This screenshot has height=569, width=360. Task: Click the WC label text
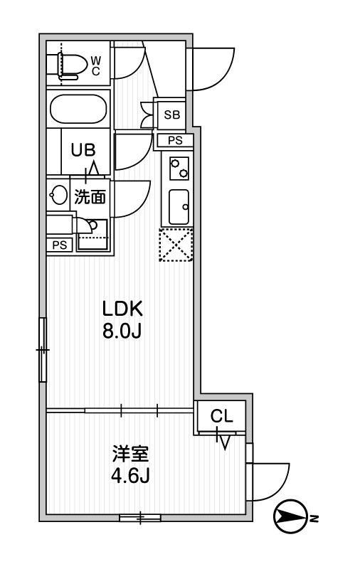95,65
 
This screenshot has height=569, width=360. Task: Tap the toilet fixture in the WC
73,65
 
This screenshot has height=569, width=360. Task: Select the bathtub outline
78,110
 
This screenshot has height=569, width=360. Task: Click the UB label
83,150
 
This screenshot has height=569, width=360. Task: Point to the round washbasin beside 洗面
58,195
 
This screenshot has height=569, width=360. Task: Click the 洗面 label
90,197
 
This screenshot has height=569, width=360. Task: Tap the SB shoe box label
171,115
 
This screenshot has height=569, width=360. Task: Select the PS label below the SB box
175,140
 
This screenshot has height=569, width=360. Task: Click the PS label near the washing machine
60,245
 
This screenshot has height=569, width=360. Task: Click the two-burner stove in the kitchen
179,169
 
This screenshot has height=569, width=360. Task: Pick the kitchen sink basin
179,207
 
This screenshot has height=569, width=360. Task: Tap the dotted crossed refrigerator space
176,245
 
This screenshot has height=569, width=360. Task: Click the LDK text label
123,309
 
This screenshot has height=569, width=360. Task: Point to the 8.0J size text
122,331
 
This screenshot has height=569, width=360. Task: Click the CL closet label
221,416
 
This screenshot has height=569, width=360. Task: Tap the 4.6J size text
130,476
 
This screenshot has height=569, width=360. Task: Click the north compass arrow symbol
290,516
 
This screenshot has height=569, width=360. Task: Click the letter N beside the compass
314,519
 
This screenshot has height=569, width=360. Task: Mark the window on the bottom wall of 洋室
140,518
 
